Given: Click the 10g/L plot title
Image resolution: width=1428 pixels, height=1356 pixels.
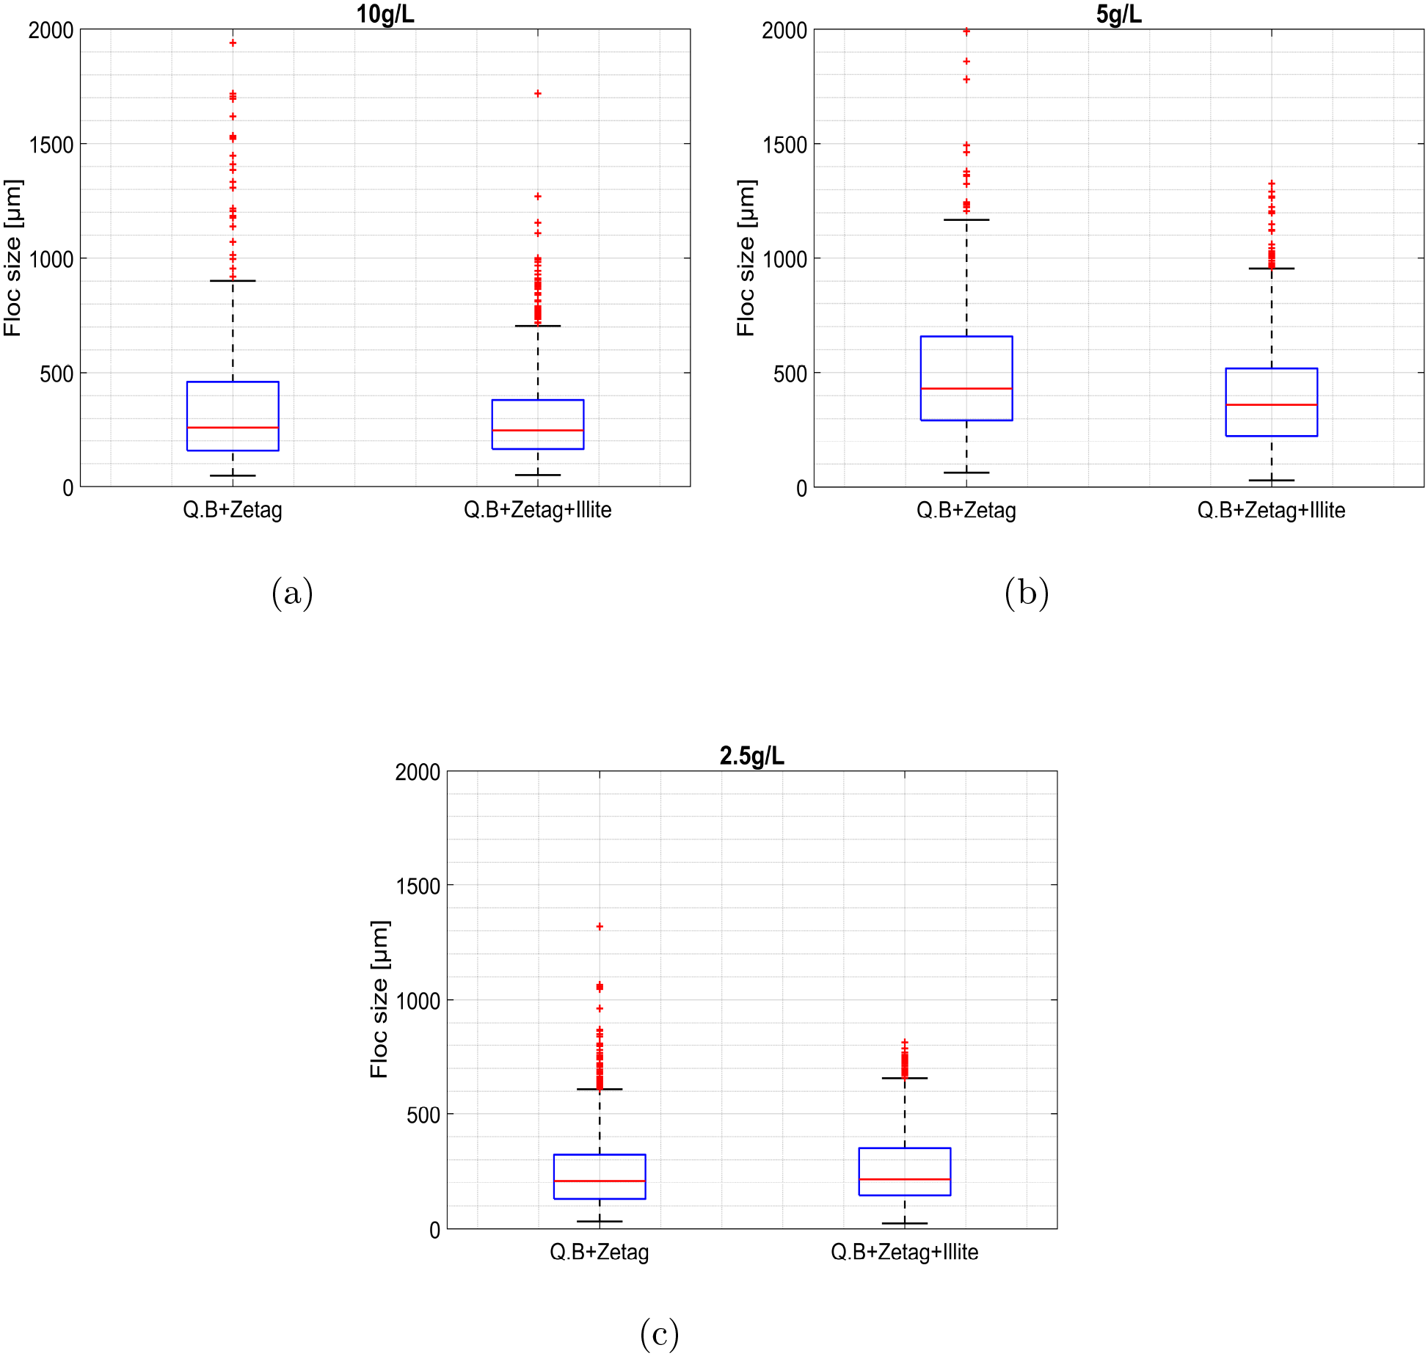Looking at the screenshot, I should coord(385,14).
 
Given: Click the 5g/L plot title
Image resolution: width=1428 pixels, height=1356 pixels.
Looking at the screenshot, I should coord(1118,14).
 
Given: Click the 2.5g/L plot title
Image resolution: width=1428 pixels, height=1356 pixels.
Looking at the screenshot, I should coord(751,756).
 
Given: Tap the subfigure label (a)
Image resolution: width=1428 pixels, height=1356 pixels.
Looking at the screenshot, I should coord(292,592).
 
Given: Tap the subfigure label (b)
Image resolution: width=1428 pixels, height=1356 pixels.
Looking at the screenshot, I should coord(1026,592).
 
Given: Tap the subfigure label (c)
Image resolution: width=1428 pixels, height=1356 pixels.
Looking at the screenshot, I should coord(659,1333).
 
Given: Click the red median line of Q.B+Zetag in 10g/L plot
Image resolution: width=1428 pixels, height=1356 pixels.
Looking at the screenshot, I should coord(233,427).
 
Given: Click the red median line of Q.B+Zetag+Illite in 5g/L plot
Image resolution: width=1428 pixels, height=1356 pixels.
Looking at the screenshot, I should coord(1271,404).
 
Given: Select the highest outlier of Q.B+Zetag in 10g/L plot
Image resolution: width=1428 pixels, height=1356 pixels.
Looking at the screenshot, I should coord(233,43).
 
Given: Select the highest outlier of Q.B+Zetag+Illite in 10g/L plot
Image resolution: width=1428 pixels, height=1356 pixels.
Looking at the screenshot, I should coord(538,93).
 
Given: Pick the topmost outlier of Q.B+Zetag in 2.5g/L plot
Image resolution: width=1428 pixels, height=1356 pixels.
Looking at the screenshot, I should coord(600,927).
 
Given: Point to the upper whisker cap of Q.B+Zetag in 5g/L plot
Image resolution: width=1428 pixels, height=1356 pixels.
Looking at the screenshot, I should coord(966,219).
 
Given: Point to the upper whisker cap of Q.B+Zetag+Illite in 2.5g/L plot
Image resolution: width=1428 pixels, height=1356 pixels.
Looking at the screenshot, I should coord(904,1078).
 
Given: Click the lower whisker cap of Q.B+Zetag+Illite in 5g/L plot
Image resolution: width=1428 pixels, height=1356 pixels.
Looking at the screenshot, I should coord(1271,481).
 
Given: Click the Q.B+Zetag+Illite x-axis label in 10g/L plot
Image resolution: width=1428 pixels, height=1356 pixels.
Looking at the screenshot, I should coord(537,510).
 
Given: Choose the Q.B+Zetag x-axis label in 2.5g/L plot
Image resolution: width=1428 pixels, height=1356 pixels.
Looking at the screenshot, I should coord(599,1252).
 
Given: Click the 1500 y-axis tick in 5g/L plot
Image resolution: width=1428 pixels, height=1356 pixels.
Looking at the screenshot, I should coord(784,145).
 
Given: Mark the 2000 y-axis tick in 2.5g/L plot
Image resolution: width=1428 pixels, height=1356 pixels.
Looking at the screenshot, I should coord(418,772).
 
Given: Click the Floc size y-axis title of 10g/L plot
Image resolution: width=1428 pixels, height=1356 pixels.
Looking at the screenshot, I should coord(12,258).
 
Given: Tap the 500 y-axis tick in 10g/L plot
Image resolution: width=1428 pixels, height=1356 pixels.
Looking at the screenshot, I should coord(57,373).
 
